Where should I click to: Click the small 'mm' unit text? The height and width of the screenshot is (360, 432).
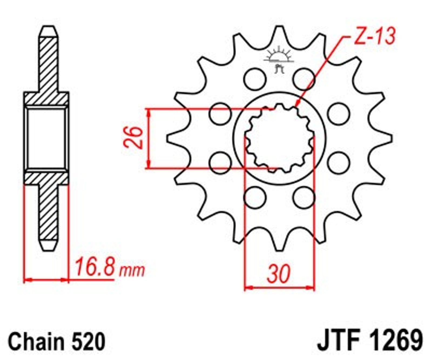point(132,270)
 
